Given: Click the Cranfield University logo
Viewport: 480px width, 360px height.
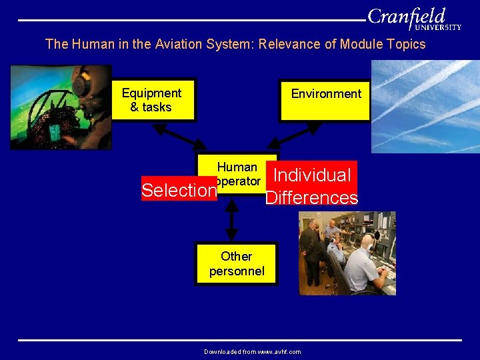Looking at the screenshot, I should pyautogui.click(x=414, y=19).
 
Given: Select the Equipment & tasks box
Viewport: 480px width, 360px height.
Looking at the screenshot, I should pyautogui.click(x=153, y=101).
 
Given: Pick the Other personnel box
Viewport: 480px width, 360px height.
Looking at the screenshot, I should pyautogui.click(x=236, y=264).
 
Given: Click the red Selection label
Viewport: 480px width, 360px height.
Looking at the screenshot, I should pyautogui.click(x=179, y=191).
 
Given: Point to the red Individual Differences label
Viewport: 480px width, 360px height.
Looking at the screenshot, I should pyautogui.click(x=312, y=186).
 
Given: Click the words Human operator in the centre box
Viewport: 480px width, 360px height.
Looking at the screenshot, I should pyautogui.click(x=237, y=173).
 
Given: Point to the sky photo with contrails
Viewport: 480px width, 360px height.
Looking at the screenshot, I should pyautogui.click(x=425, y=107).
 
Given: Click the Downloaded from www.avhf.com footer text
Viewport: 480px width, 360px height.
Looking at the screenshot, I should pyautogui.click(x=252, y=351).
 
